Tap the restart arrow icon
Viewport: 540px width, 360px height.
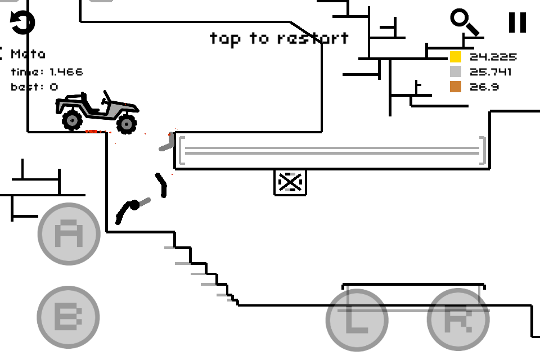point(23,22)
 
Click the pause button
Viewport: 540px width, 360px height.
point(517,22)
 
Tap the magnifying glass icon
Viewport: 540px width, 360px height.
point(464,22)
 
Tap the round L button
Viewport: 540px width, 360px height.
point(357,320)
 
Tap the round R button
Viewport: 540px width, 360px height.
point(457,320)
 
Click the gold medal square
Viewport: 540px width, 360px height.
point(455,57)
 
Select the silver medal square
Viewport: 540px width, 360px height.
point(455,72)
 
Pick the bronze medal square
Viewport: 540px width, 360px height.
point(455,87)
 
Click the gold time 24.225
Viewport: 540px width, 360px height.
point(493,57)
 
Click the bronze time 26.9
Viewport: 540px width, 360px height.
point(484,87)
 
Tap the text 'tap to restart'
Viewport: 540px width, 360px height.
point(279,38)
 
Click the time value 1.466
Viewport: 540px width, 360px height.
point(66,72)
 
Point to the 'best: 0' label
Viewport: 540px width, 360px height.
point(34,87)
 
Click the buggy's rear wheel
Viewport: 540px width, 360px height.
point(72,120)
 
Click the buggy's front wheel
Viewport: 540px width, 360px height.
point(127,123)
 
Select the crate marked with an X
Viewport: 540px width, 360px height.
point(290,182)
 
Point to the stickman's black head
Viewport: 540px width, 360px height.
point(134,205)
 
